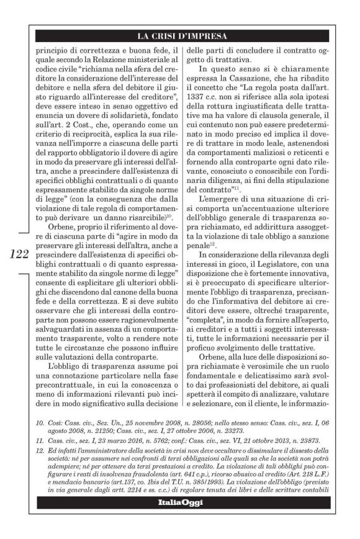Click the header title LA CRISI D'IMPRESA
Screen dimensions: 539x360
pyautogui.click(x=179, y=36)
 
